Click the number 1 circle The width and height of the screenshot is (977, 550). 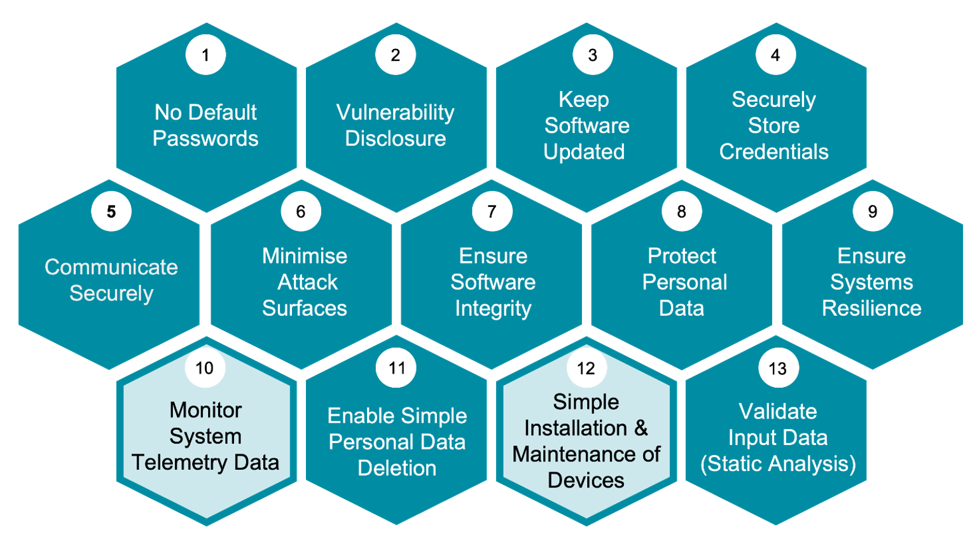(205, 55)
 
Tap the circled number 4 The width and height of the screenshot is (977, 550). (775, 55)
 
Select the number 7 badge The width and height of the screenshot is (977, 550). (492, 211)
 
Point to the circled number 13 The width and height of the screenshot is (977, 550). (777, 369)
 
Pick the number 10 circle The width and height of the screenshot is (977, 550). (205, 368)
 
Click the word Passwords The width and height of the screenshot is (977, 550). (205, 139)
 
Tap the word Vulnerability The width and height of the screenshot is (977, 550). (395, 113)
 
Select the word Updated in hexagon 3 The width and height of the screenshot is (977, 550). (584, 152)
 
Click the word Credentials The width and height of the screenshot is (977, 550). (773, 152)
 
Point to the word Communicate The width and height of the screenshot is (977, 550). (111, 267)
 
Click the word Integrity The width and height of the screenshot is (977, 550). (493, 309)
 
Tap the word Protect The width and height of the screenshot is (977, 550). (682, 256)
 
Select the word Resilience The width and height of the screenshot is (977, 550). (871, 309)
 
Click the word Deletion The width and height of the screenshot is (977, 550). (397, 469)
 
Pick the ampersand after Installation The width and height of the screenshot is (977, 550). (641, 428)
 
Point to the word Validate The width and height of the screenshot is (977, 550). (777, 412)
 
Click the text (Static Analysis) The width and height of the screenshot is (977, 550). (777, 464)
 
